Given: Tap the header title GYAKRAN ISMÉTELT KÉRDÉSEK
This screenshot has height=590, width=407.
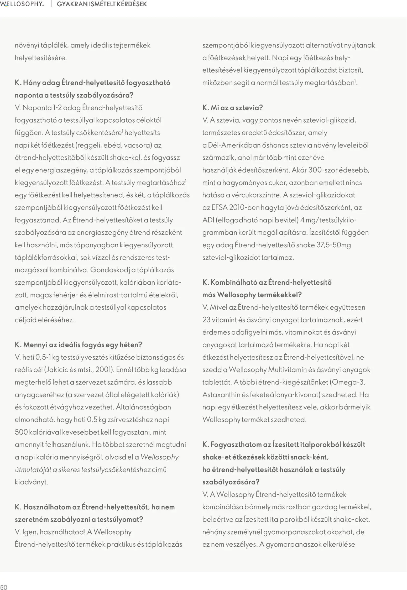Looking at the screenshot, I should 102,4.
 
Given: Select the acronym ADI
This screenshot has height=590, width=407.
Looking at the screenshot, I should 208,220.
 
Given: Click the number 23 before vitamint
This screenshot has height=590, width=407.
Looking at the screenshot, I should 206,320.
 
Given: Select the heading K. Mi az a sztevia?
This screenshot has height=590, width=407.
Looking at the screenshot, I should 232,108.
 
